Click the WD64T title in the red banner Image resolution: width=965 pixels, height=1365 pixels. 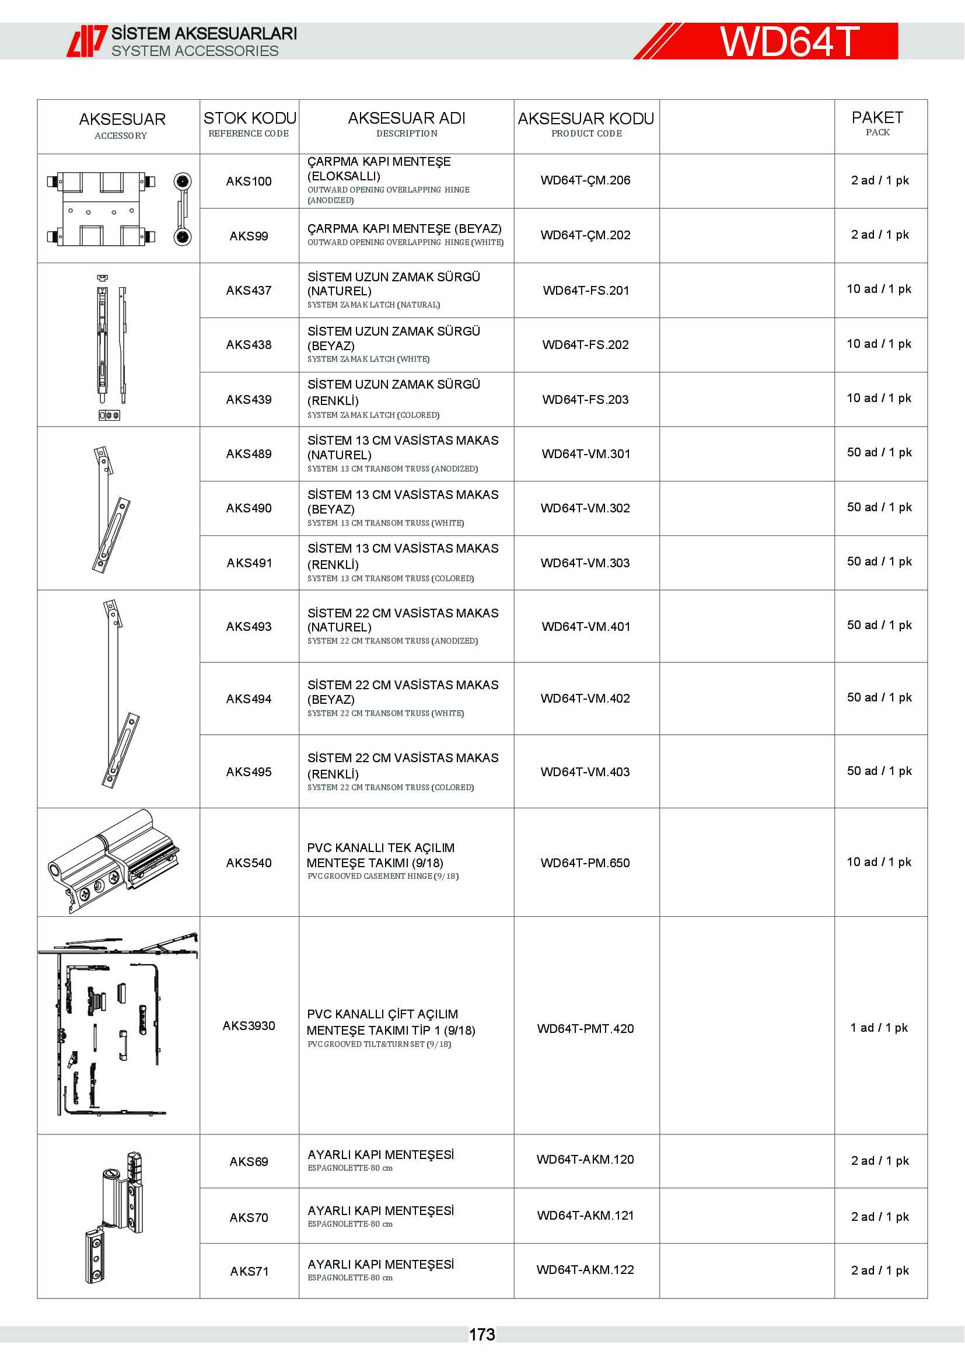coord(790,41)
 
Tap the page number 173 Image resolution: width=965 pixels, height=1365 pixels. coord(482,1335)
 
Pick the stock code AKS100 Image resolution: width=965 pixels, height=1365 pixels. coord(249,181)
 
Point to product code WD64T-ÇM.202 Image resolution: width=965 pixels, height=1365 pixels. coord(585,235)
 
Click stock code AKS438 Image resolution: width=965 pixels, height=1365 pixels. coord(249,345)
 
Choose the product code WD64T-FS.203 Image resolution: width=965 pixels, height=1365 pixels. coord(585,400)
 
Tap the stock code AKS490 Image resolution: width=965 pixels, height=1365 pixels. coord(249,508)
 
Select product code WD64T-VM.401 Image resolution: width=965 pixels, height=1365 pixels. coord(586,627)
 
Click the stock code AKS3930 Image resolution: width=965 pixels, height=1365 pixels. coord(249,1025)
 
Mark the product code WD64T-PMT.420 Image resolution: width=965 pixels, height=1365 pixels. coord(585,1028)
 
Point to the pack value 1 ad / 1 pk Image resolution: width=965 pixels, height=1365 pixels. coord(879,1028)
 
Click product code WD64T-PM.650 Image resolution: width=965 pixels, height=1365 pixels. coord(585,863)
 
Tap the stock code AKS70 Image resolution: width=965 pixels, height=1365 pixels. coord(249,1217)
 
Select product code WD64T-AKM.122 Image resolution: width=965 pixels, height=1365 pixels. coord(585,1270)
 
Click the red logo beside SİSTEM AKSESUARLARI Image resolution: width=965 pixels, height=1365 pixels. coord(87,41)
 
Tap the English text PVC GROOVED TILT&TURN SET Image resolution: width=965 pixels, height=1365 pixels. coord(379,1044)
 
